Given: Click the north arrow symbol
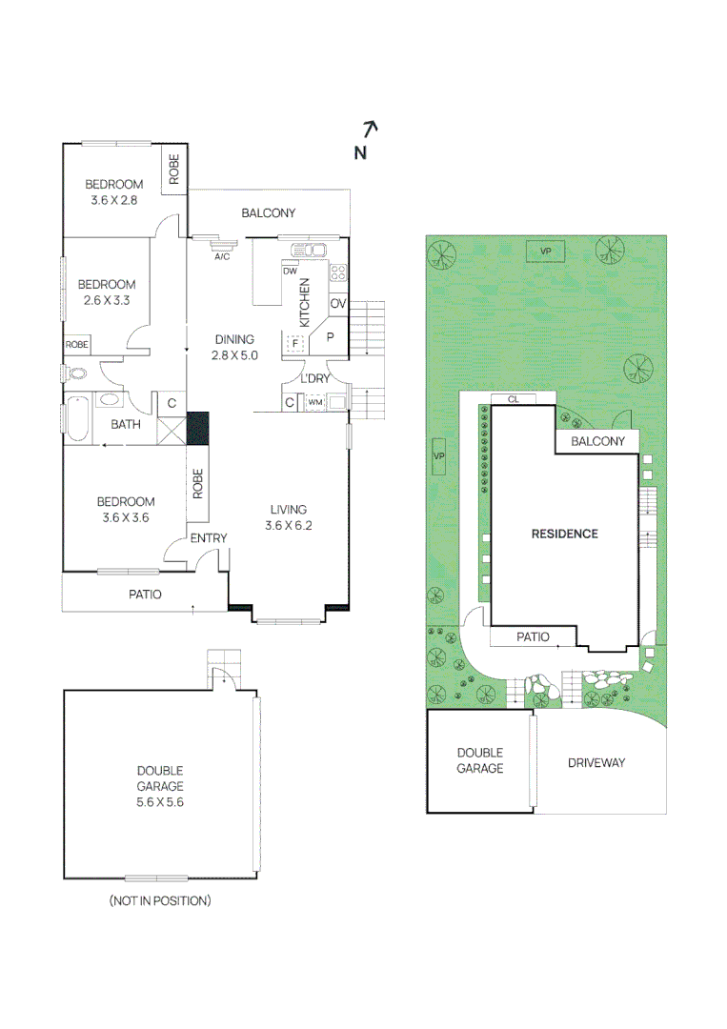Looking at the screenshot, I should tap(372, 128).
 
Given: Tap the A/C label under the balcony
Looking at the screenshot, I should tap(222, 256).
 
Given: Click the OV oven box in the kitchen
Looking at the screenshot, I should tap(337, 304).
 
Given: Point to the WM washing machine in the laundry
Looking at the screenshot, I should tap(314, 403).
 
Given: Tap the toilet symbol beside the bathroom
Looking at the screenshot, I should tap(76, 373).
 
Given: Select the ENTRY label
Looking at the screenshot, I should tap(209, 538).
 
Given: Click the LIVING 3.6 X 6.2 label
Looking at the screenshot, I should tap(288, 517).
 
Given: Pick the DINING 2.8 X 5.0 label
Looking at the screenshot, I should tap(234, 347).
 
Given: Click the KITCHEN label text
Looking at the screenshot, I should tap(305, 302).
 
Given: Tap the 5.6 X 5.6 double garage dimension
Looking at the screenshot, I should tap(159, 802).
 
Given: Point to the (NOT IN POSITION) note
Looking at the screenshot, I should tap(160, 900).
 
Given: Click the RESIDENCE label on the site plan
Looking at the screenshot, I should tap(564, 534).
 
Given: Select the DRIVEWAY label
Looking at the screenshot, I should tap(596, 762).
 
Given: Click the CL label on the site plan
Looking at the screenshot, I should tap(513, 399).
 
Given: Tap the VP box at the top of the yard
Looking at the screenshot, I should tap(546, 251).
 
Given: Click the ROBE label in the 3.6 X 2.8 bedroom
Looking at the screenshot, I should tap(174, 169).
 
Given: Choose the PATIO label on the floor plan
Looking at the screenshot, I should tap(145, 595).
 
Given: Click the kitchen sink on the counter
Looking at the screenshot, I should tap(310, 252).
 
